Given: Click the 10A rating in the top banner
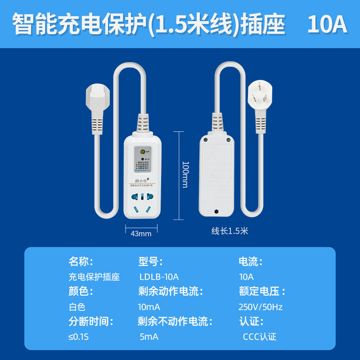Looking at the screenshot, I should [x=327, y=25].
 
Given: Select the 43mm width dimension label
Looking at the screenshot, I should [x=141, y=234].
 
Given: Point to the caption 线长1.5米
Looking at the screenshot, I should [x=230, y=231].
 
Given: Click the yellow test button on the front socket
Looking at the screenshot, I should [x=142, y=152].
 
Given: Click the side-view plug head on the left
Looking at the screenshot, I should [x=95, y=96].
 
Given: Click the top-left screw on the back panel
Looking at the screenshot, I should [x=206, y=140].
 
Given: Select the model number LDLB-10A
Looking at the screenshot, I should [x=159, y=277].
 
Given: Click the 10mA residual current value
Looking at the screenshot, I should [x=149, y=307].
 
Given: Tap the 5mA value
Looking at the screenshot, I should [x=149, y=337].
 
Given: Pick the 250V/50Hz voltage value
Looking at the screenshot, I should [x=261, y=307].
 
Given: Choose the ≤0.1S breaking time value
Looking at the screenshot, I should [x=77, y=337].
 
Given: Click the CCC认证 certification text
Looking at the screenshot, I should [x=260, y=337].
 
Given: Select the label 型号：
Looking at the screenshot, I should [x=150, y=262].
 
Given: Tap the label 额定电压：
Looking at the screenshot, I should [x=262, y=292].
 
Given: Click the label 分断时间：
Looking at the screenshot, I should [x=91, y=321].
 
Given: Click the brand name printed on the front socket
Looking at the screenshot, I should [x=142, y=181].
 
